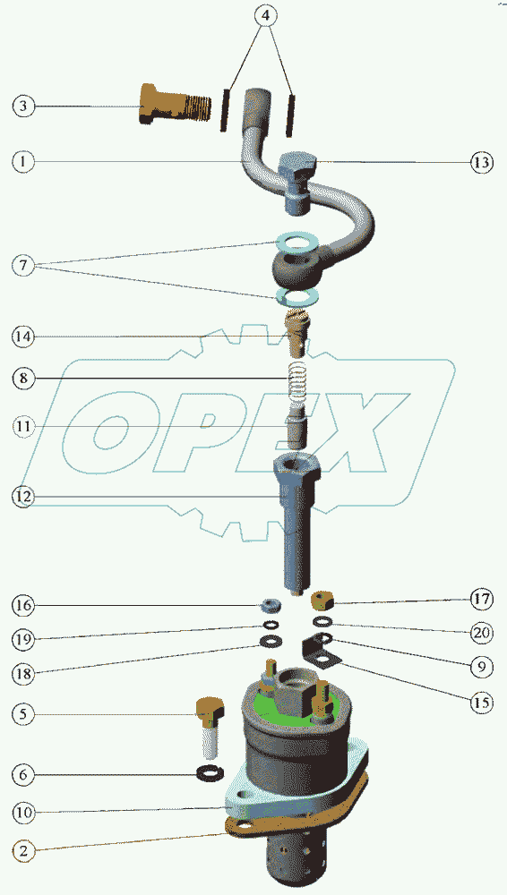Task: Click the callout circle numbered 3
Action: (x=23, y=107)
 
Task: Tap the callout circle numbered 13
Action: (x=481, y=162)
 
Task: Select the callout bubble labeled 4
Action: (x=264, y=15)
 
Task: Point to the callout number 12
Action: (x=23, y=496)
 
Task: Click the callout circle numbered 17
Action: (x=481, y=600)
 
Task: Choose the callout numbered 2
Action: (x=23, y=851)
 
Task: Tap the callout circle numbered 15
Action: (x=481, y=702)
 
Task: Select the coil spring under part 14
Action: (x=297, y=382)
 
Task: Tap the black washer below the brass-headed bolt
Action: (x=210, y=773)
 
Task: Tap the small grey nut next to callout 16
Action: (x=270, y=604)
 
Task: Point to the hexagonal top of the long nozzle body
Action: (x=297, y=468)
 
